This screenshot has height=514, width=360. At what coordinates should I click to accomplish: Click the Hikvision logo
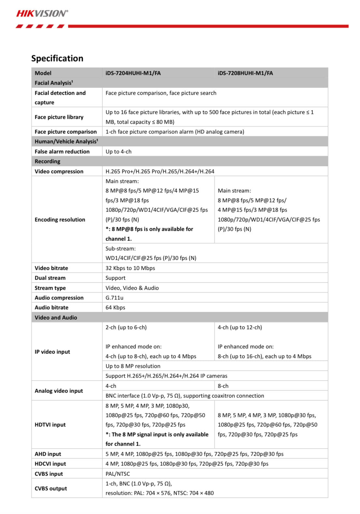(x=42, y=14)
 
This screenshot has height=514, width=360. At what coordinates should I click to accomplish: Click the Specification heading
(x=57, y=58)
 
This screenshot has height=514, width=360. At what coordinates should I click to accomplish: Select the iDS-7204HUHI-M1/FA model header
(x=133, y=73)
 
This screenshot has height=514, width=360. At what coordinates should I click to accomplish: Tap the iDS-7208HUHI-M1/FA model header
(x=245, y=73)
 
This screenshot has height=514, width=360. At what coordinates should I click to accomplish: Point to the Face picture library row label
(x=59, y=117)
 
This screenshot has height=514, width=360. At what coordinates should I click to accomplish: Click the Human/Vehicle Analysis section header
(x=66, y=142)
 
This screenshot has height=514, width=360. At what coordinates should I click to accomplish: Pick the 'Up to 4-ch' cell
(x=119, y=152)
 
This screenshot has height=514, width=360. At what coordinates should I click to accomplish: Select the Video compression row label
(x=59, y=172)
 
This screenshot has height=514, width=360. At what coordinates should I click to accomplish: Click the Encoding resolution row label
(x=60, y=220)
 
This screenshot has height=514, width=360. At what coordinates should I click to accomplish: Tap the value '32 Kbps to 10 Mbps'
(x=130, y=268)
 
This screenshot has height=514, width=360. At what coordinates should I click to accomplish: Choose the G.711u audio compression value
(x=114, y=298)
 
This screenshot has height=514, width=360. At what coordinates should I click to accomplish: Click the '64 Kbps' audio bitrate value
(x=115, y=308)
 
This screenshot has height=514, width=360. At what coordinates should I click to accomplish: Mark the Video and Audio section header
(x=56, y=318)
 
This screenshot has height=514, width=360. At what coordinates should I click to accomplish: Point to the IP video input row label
(x=52, y=352)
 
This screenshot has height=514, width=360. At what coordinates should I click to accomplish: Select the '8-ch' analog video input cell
(x=223, y=386)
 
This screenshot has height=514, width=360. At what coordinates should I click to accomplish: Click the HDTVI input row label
(x=50, y=425)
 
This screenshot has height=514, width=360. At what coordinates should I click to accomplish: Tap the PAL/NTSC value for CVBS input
(x=118, y=474)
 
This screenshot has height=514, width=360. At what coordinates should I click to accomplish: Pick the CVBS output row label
(x=51, y=489)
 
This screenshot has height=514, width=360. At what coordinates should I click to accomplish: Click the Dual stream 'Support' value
(x=115, y=278)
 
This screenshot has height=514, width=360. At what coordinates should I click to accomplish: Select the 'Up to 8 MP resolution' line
(x=133, y=366)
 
